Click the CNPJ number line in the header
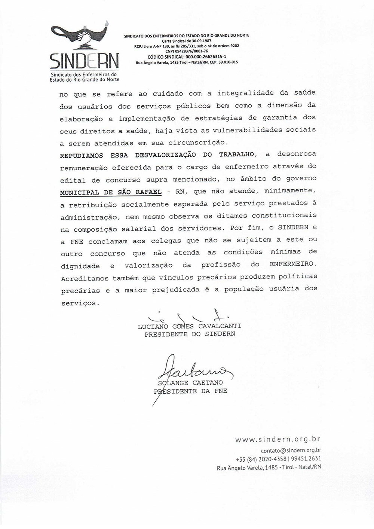(x=186, y=51)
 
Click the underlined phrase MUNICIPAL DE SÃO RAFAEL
(x=111, y=192)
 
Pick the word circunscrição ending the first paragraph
(x=202, y=143)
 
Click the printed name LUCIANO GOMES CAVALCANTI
(x=189, y=326)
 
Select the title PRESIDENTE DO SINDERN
(x=190, y=334)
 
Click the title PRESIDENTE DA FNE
(x=191, y=391)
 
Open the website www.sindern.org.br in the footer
(x=278, y=440)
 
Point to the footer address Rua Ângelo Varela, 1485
(x=247, y=467)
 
